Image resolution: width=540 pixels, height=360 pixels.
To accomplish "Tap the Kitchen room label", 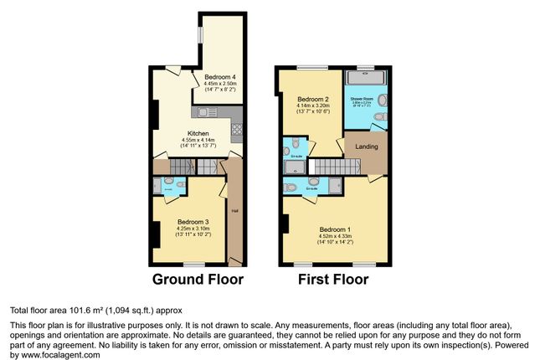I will (198, 133).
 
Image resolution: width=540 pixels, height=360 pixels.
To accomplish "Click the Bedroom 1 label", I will (335, 229).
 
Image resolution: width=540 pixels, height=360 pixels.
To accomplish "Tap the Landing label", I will (367, 147).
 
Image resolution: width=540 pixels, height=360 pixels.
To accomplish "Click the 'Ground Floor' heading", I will (198, 279).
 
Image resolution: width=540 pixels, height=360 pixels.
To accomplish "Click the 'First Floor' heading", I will (333, 279).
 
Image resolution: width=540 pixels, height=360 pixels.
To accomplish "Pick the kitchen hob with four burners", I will (236, 130).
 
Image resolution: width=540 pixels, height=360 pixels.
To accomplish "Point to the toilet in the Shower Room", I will (380, 116).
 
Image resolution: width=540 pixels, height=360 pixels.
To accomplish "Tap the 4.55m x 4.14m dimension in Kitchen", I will (198, 140).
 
